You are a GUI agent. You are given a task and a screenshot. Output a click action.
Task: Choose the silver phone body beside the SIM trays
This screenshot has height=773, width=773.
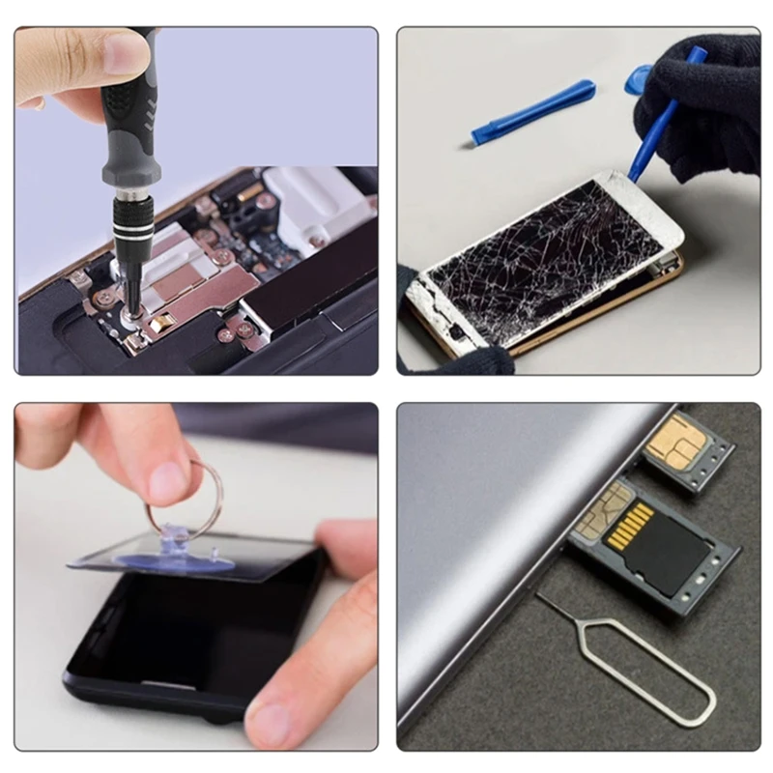483,541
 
